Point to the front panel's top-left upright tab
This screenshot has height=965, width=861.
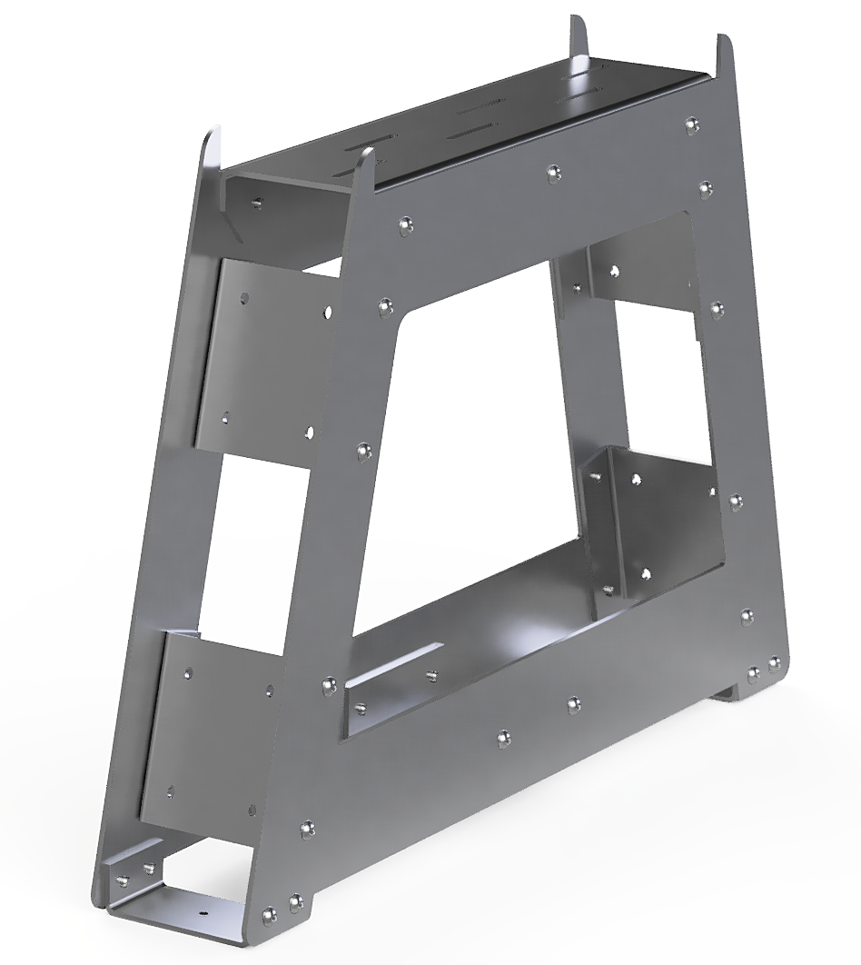(x=365, y=173)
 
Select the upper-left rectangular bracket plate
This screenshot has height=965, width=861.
(x=263, y=359)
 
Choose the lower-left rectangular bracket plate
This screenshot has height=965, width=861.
(x=213, y=736)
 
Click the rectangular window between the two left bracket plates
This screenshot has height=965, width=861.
(x=245, y=545)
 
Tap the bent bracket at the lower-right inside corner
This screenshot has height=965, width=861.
(x=636, y=527)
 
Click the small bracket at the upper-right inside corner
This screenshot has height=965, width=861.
(x=627, y=273)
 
